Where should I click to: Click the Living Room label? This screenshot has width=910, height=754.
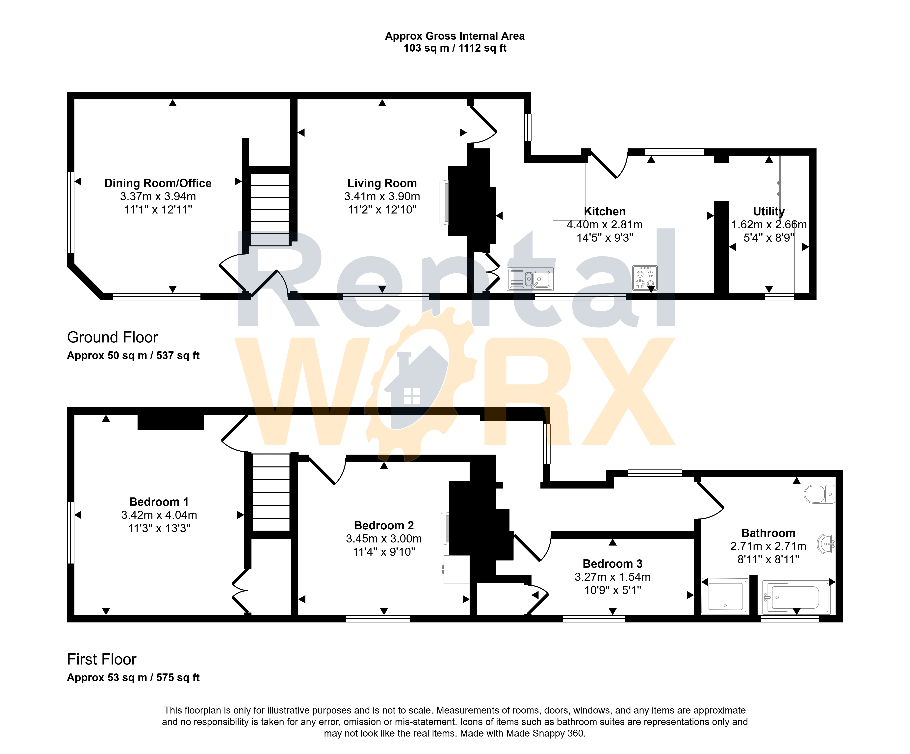[x=382, y=183]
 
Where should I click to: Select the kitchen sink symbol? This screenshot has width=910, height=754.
[x=530, y=279]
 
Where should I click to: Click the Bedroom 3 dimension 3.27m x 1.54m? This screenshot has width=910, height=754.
[x=612, y=577]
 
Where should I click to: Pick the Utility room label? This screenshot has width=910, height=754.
[x=769, y=212]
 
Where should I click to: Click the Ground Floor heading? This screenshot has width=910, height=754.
[x=113, y=337]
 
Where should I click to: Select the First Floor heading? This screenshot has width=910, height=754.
[x=102, y=659]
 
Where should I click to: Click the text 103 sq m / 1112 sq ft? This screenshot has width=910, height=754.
[x=455, y=48]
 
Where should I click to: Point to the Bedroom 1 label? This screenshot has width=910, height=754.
[x=159, y=502]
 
